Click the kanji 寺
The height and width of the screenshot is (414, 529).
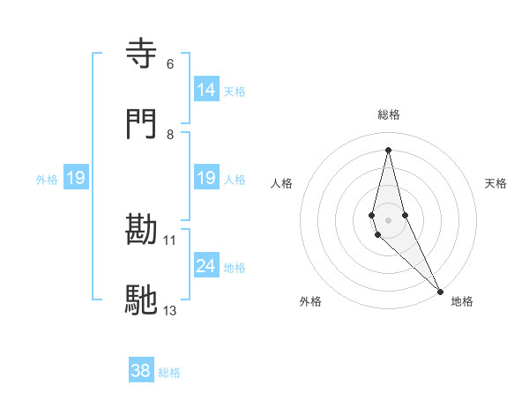click(142, 54)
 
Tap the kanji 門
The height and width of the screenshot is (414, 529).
click(142, 124)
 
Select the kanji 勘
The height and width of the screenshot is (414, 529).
click(142, 230)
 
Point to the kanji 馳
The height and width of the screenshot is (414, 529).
click(142, 300)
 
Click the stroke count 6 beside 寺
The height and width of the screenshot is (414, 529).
click(170, 63)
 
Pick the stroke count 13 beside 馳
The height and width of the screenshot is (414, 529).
click(170, 310)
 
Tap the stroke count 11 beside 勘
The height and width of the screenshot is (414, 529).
click(170, 240)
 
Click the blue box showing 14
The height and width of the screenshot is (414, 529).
click(205, 90)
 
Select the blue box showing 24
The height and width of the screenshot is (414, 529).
click(205, 266)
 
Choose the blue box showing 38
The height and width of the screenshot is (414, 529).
click(141, 371)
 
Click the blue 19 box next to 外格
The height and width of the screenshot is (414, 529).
click(76, 178)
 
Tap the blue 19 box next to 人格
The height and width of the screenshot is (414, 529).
click(205, 178)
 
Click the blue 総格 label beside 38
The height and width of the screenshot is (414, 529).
click(169, 373)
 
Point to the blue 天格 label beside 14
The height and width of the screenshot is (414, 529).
click(235, 92)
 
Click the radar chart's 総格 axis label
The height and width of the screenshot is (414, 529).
click(389, 115)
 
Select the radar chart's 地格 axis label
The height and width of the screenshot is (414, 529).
click(462, 301)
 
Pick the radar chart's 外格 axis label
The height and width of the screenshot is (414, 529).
click(310, 301)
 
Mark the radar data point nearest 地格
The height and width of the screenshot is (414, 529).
click(440, 291)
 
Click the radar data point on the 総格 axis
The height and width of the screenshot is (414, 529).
click(388, 150)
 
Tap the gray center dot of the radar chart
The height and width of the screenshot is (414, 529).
click(388, 219)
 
